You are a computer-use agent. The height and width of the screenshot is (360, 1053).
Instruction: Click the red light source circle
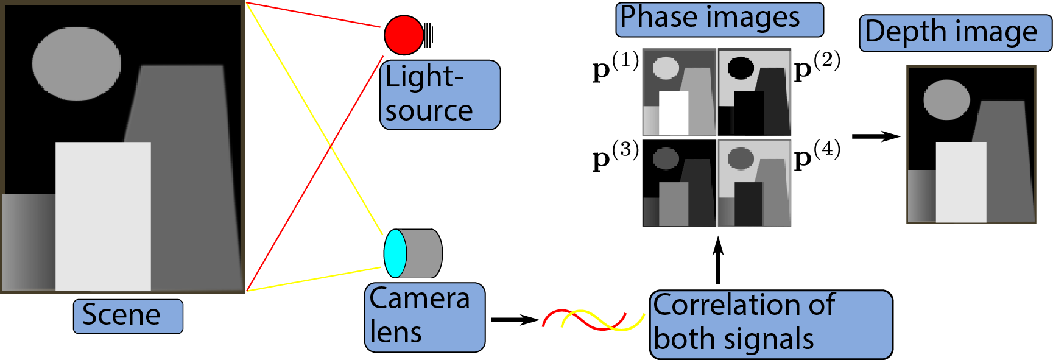tap(403, 35)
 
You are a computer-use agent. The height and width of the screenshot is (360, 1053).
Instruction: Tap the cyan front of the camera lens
tap(395, 253)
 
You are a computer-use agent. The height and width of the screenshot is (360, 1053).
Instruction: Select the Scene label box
tap(128, 316)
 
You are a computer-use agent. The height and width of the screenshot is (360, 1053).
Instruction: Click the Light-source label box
tap(440, 94)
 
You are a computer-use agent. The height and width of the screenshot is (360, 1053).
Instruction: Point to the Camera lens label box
tap(424, 317)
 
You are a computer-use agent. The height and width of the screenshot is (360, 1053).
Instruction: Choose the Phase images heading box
tap(719, 19)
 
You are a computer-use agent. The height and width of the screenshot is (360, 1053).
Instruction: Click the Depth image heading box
tap(955, 33)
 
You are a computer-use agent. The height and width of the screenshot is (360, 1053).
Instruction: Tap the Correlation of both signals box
tap(770, 324)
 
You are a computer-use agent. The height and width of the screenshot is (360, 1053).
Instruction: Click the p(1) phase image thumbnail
tap(680, 92)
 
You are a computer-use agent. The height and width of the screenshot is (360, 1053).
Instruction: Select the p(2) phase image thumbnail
tap(755, 92)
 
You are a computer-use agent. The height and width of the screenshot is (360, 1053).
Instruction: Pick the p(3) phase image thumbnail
tap(680, 183)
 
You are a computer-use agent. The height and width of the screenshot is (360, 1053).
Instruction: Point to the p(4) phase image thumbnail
tap(755, 183)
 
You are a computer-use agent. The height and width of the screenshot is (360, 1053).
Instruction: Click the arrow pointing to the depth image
tap(875, 136)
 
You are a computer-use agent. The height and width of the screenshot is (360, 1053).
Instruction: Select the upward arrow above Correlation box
tap(718, 261)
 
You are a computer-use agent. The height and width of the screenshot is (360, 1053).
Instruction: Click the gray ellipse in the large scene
tap(77, 63)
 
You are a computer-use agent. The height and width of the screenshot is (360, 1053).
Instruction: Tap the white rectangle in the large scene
tap(103, 216)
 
